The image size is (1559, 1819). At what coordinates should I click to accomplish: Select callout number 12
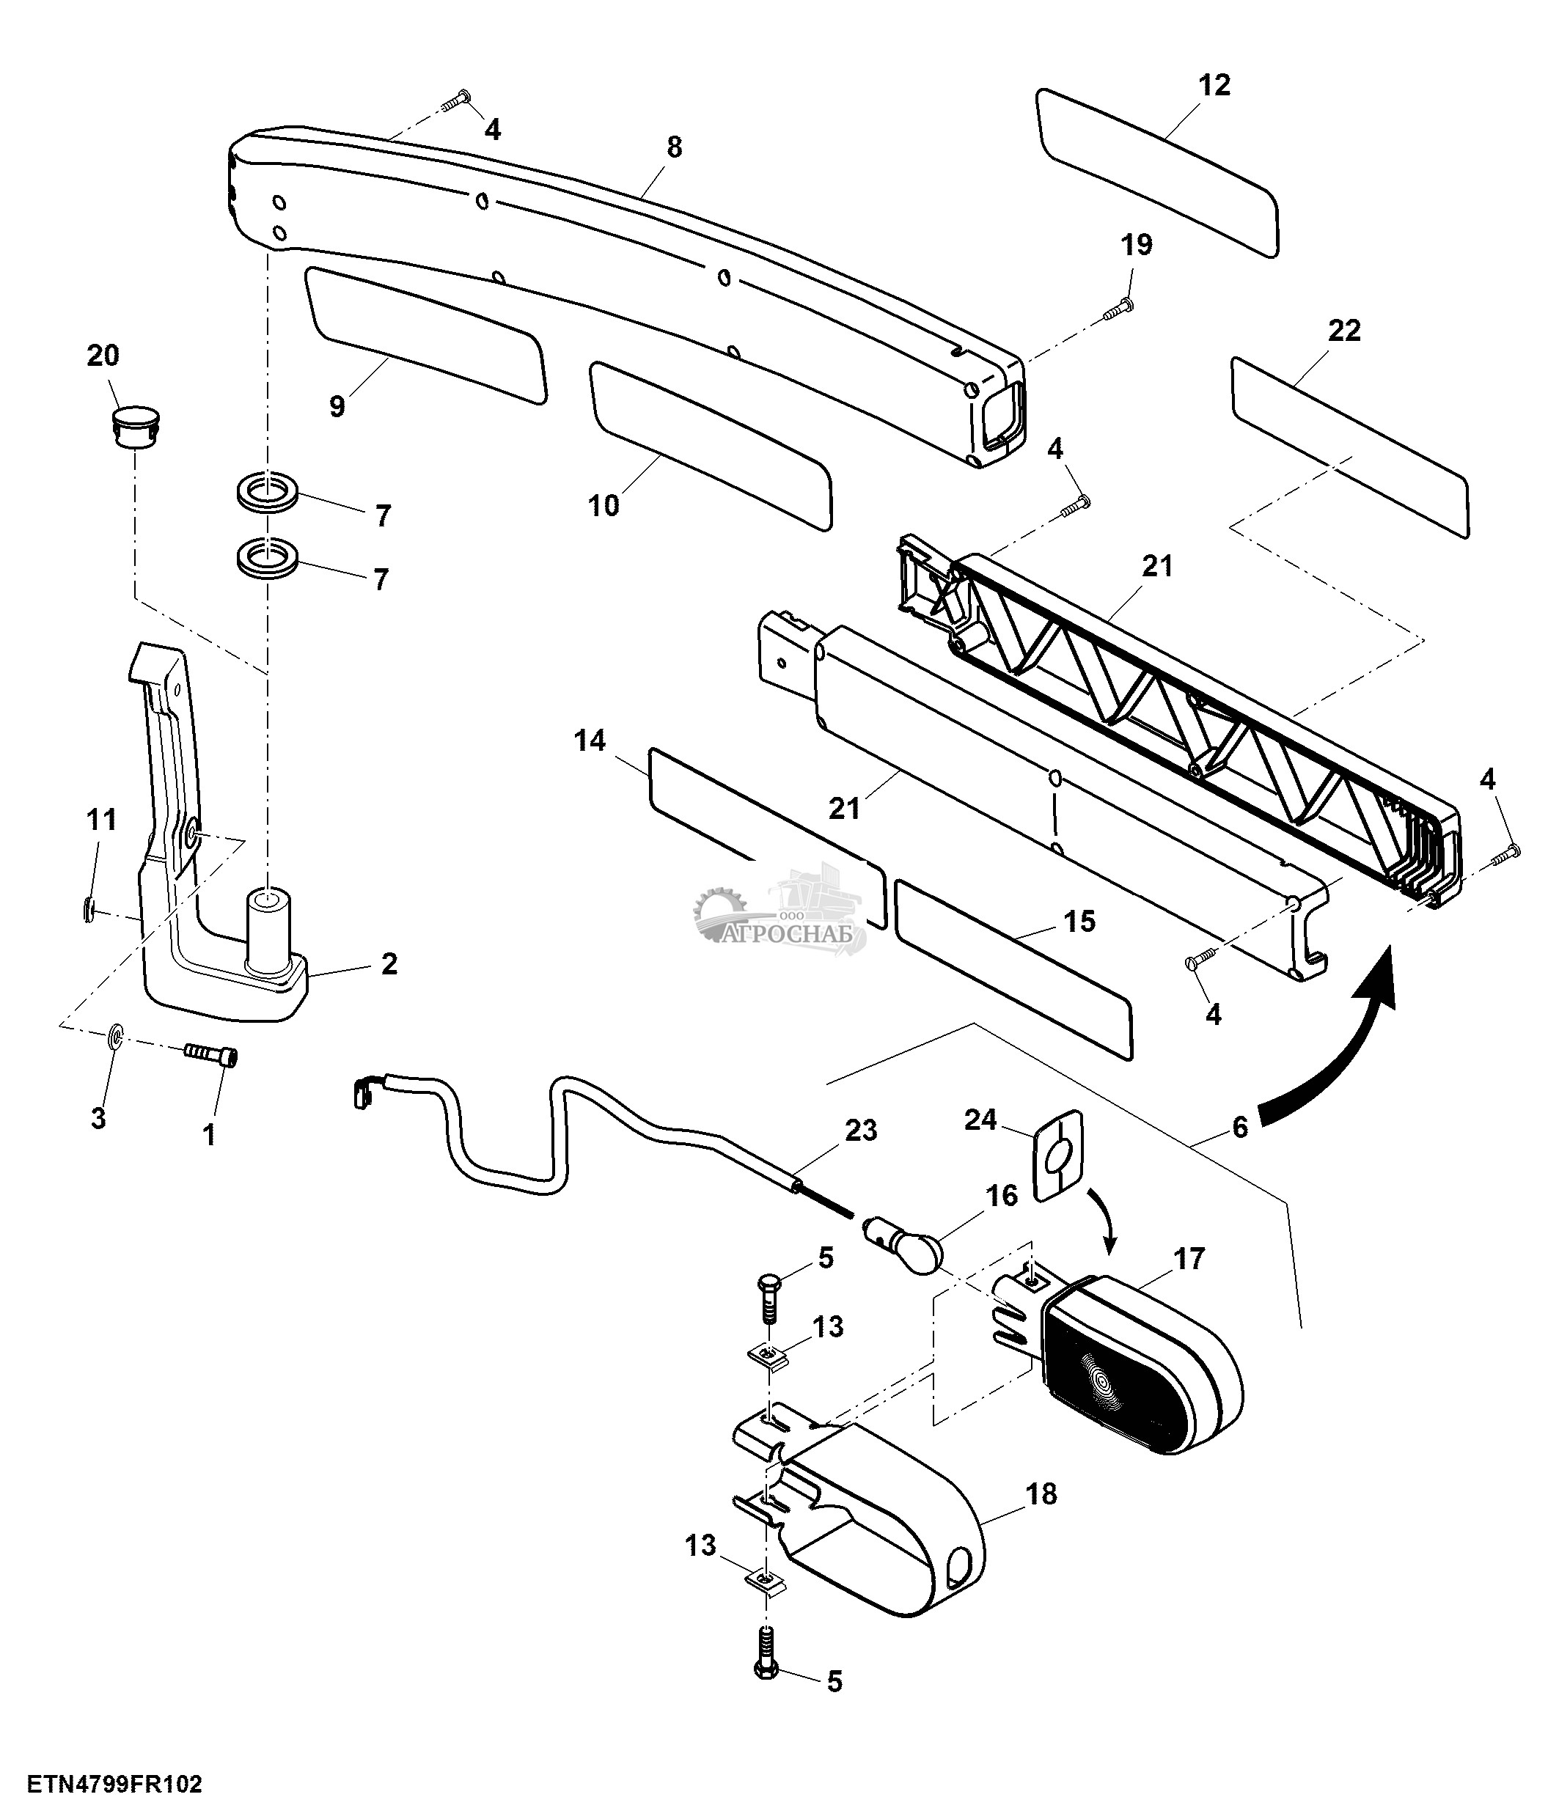(1214, 85)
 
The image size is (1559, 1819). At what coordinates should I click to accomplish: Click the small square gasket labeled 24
(1057, 1153)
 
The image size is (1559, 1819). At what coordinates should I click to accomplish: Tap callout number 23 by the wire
(860, 1130)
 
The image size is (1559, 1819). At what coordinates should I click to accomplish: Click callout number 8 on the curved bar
(673, 147)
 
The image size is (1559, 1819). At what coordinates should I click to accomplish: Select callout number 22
(1344, 331)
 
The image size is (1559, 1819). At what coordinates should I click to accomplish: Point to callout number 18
(1041, 1493)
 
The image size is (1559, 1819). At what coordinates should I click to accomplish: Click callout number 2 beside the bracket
(389, 964)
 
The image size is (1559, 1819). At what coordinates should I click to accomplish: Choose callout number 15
(1079, 921)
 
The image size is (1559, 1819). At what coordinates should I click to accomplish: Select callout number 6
(1239, 1126)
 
